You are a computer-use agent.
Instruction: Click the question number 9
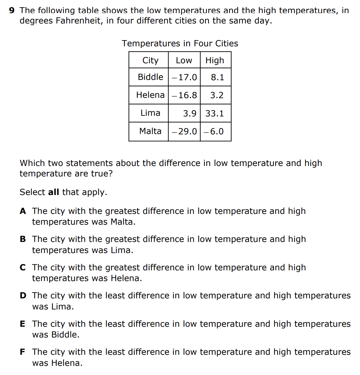[x=12, y=10]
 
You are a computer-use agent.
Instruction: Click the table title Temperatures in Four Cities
[x=180, y=43]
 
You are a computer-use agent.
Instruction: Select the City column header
[x=150, y=60]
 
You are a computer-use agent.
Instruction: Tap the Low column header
[x=184, y=60]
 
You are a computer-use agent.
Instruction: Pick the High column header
[x=215, y=60]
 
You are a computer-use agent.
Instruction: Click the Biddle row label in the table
[x=150, y=77]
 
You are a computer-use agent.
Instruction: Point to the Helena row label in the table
[x=150, y=95]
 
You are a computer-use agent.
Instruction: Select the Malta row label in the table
[x=150, y=131]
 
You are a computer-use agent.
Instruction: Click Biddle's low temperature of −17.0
[x=184, y=77]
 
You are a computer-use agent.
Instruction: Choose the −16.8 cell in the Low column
[x=184, y=95]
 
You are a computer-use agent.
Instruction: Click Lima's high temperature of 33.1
[x=215, y=113]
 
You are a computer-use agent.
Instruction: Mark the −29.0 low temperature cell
[x=184, y=131]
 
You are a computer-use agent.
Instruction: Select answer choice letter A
[x=23, y=211]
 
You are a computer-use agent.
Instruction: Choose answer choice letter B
[x=23, y=239]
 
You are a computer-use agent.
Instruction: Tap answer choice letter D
[x=23, y=296]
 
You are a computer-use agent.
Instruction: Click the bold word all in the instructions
[x=53, y=192]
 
